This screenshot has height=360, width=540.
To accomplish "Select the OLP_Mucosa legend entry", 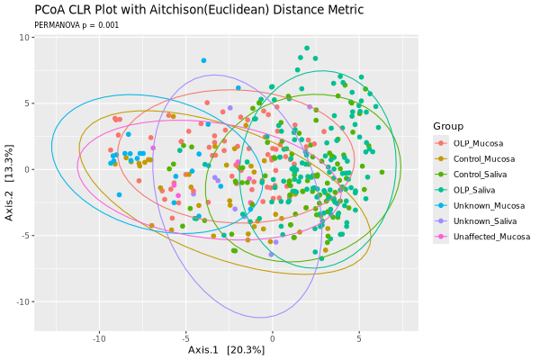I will tap(477, 143).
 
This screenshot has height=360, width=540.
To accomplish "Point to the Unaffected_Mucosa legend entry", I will tap(490, 237).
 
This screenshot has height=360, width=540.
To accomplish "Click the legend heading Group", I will tap(447, 125).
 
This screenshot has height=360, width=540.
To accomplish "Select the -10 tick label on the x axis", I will tap(99, 338).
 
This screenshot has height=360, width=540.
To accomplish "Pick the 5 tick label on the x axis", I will tap(358, 338).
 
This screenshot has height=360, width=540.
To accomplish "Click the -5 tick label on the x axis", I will tap(185, 338).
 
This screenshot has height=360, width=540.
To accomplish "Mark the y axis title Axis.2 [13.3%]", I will tap(10, 169).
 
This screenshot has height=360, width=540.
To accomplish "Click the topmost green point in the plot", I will tap(307, 49).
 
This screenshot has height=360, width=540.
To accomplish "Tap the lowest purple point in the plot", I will tap(271, 255).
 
